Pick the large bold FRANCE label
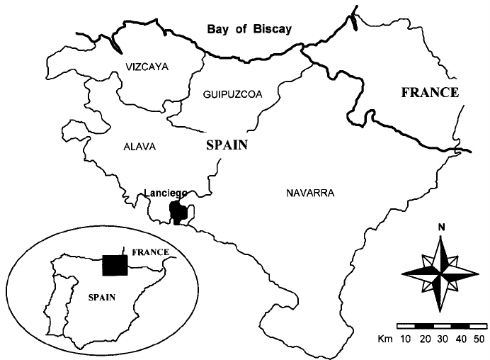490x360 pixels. pyautogui.click(x=430, y=93)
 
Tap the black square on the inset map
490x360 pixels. pyautogui.click(x=114, y=264)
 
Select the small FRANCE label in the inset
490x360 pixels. pyautogui.click(x=151, y=252)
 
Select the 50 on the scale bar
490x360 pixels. pyautogui.click(x=479, y=339)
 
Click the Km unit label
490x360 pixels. pyautogui.click(x=387, y=339)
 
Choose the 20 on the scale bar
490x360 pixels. pyautogui.click(x=425, y=339)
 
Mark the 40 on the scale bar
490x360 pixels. pyautogui.click(x=461, y=339)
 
